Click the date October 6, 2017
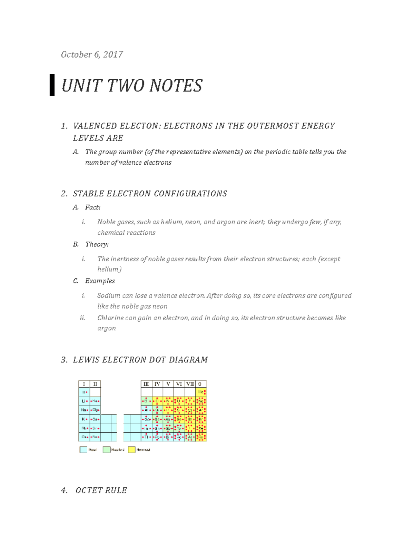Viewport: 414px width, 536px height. [92, 55]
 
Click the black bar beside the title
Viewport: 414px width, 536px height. [52, 85]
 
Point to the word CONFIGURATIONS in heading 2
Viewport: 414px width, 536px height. [190, 194]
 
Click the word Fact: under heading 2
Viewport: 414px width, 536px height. [93, 207]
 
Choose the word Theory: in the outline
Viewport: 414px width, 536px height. [97, 244]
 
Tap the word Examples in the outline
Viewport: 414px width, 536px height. [100, 281]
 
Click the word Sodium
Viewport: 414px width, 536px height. [109, 295]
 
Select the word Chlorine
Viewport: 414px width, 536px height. [110, 318]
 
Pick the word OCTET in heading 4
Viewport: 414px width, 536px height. [88, 490]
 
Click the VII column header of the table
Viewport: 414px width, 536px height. [190, 384]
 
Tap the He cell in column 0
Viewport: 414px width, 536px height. [201, 392]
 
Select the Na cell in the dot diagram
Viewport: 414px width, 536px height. [84, 410]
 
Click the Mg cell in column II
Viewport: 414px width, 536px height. [95, 410]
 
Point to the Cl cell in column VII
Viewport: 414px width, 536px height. [190, 410]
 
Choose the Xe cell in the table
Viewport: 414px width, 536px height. [201, 428]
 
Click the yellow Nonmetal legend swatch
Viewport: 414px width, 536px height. [131, 450]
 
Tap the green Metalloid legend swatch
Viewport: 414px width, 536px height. [106, 450]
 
